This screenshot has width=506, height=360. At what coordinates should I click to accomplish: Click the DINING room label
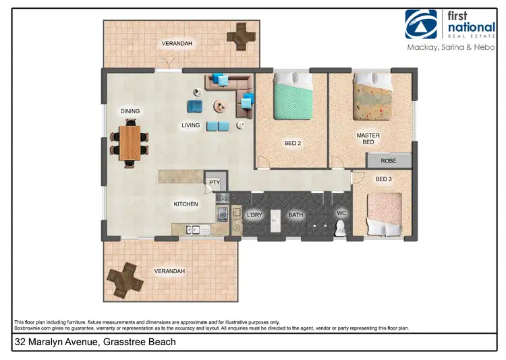(130, 111)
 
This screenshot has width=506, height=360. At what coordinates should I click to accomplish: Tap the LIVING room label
(191, 125)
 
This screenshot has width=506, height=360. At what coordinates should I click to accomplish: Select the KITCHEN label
(186, 204)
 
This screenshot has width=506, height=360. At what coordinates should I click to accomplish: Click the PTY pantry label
(215, 182)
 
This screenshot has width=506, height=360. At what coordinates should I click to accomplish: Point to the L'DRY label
(254, 215)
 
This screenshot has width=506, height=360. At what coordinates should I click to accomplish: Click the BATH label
(296, 215)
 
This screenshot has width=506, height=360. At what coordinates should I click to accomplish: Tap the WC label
(341, 215)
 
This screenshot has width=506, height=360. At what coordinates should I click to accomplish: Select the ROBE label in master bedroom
(389, 161)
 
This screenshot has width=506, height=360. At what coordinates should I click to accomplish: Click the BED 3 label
(383, 179)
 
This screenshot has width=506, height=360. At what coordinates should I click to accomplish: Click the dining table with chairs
(129, 142)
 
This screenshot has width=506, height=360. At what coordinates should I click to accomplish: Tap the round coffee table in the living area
(220, 106)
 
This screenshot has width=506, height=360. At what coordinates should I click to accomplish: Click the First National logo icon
(420, 24)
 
